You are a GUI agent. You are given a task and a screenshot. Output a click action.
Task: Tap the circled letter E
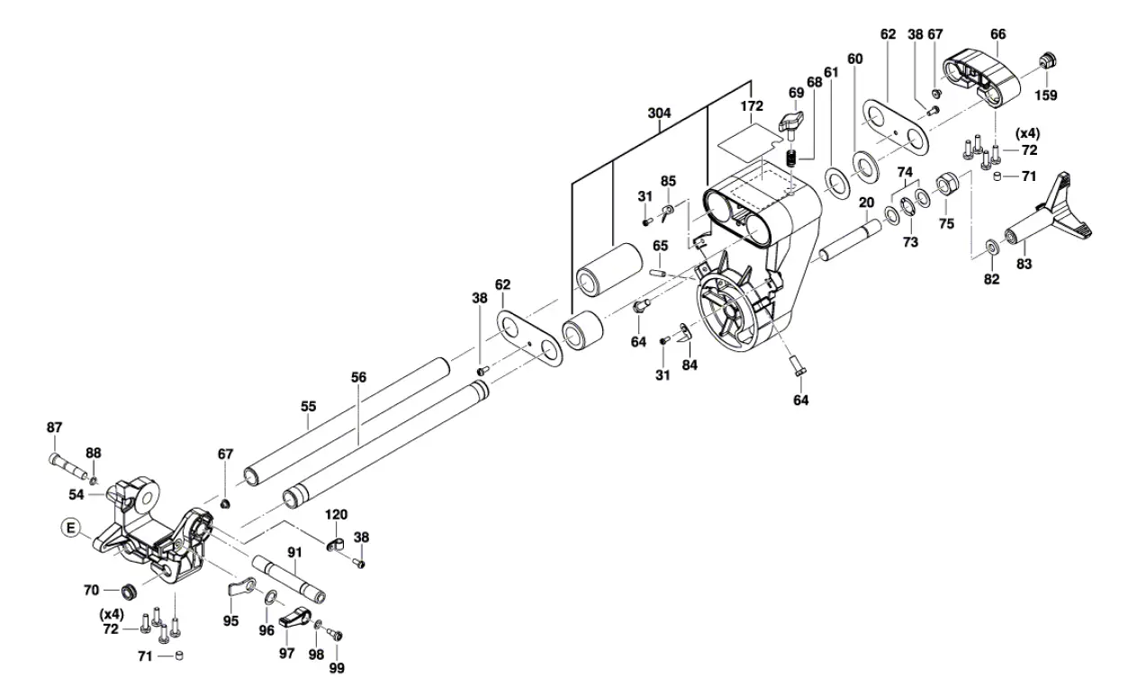[70, 528]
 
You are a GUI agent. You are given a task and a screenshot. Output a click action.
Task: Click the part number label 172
[752, 106]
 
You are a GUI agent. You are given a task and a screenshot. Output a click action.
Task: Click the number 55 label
[308, 408]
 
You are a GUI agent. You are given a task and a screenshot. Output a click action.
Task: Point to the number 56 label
[358, 379]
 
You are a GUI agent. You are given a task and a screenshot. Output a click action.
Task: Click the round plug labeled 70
[129, 591]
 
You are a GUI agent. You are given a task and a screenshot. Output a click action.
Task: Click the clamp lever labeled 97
[295, 619]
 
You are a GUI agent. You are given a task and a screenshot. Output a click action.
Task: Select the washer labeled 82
[991, 245]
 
